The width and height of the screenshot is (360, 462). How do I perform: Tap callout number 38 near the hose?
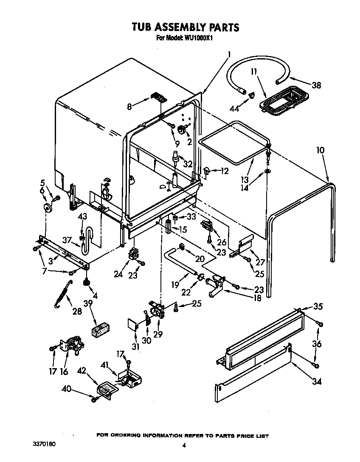[316, 85]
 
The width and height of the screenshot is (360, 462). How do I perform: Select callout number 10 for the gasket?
[320, 150]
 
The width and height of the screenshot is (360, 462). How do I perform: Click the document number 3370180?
[44, 444]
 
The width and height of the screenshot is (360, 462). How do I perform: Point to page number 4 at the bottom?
[184, 445]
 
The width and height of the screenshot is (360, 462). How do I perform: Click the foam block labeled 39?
[101, 331]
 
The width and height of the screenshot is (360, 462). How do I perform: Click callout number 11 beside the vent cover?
[254, 72]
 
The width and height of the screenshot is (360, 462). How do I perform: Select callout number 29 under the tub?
[158, 335]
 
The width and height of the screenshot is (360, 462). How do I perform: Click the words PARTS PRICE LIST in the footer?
[244, 436]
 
